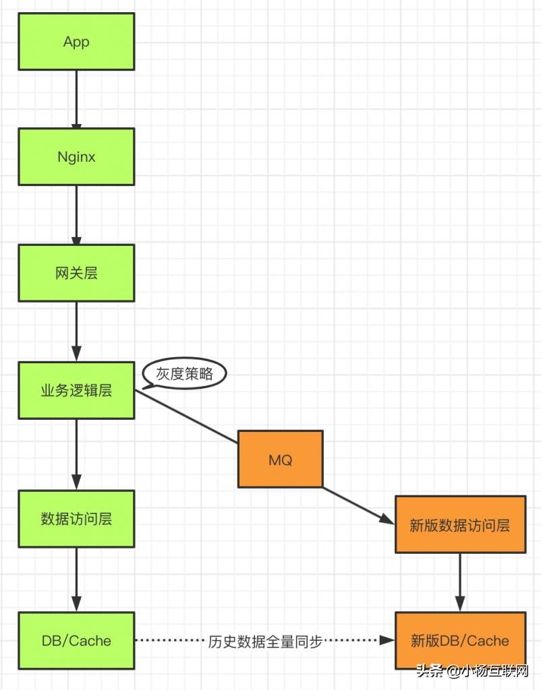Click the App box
click(x=76, y=42)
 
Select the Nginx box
click(x=76, y=157)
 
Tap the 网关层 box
click(x=76, y=273)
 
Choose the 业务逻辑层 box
click(x=76, y=390)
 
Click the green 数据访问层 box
click(x=76, y=519)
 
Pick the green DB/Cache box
click(x=76, y=640)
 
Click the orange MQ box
click(x=280, y=460)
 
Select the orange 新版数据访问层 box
click(x=460, y=525)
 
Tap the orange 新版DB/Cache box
click(x=460, y=640)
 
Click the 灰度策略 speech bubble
click(x=185, y=373)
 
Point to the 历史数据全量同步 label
click(x=265, y=641)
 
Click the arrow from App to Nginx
click(x=76, y=99)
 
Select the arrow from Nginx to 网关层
click(x=76, y=215)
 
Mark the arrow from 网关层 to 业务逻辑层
click(x=76, y=332)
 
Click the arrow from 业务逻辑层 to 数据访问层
click(x=76, y=454)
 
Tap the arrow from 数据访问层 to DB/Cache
click(x=76, y=579)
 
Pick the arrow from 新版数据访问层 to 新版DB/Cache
click(x=460, y=582)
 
